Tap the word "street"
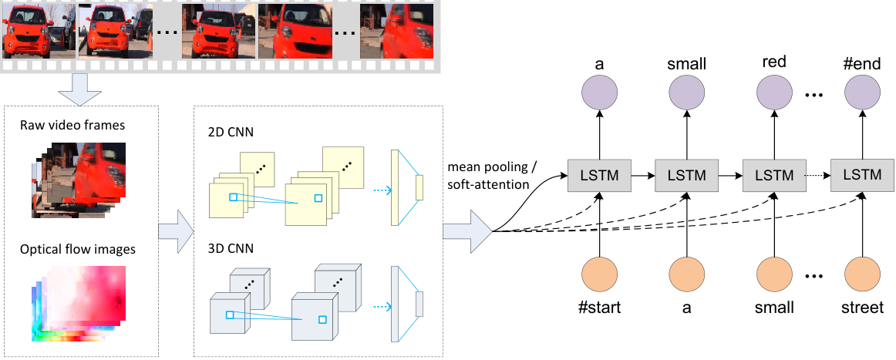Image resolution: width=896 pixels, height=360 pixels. (862, 308)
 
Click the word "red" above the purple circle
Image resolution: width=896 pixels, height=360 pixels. (773, 62)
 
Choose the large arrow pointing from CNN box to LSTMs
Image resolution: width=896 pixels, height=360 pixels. (467, 230)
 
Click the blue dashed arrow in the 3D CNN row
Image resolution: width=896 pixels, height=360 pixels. (379, 305)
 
